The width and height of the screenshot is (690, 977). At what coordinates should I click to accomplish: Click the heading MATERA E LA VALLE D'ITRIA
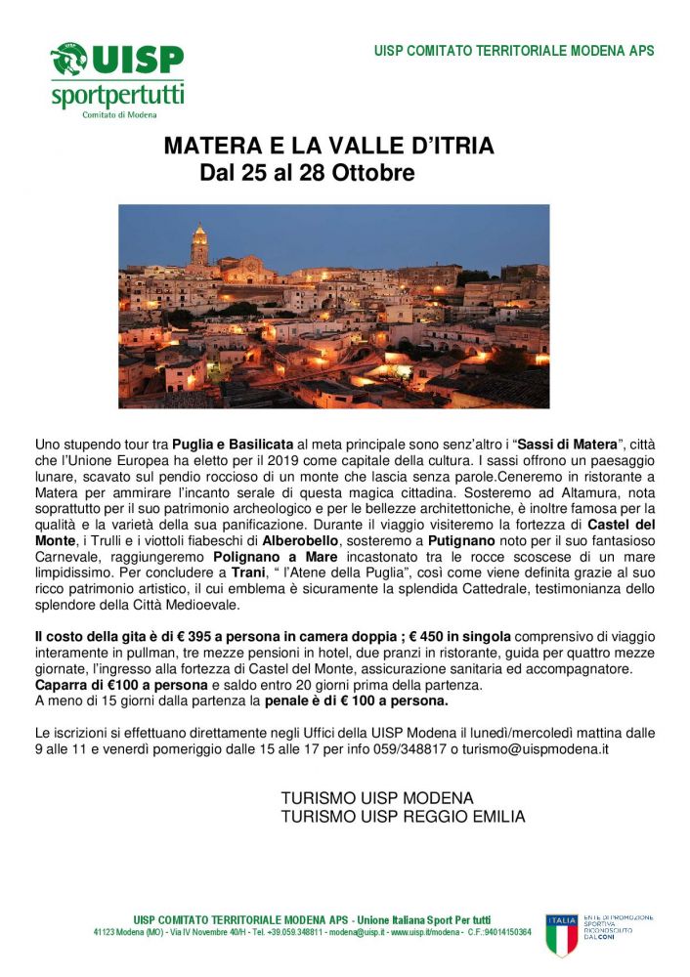(x=328, y=147)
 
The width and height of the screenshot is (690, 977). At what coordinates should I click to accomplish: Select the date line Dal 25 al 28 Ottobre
(x=307, y=174)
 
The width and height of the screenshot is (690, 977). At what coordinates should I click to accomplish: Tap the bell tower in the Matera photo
(x=199, y=244)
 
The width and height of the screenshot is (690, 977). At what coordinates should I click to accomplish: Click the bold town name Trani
(x=211, y=571)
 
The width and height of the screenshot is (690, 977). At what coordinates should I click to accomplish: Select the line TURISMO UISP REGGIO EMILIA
(x=403, y=817)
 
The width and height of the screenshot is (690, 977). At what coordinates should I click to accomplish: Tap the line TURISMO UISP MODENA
(x=376, y=798)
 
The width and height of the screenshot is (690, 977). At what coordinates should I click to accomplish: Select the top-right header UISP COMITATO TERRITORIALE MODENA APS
(x=514, y=51)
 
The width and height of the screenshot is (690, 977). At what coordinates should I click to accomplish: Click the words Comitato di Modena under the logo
(x=118, y=114)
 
